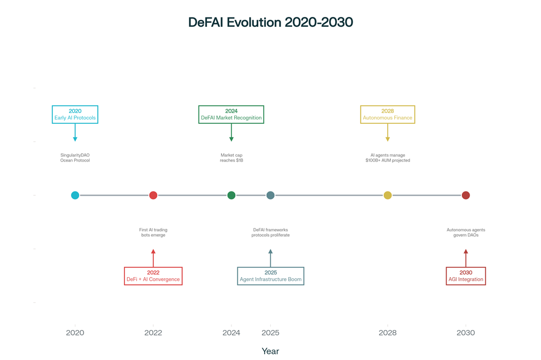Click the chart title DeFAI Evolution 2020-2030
pos(271,22)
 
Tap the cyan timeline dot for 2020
pos(75,195)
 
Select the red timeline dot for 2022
pos(153,195)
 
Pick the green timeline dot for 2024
pos(231,195)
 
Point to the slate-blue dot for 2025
pos(271,195)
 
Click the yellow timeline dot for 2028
pos(388,195)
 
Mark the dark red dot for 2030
pos(466,195)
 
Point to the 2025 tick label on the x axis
pos(271,333)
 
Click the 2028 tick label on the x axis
pos(388,333)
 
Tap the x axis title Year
pos(271,351)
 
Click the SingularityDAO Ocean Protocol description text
pos(75,158)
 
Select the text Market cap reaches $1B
pos(231,158)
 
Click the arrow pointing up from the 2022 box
pos(153,258)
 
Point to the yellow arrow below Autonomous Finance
pos(388,133)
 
